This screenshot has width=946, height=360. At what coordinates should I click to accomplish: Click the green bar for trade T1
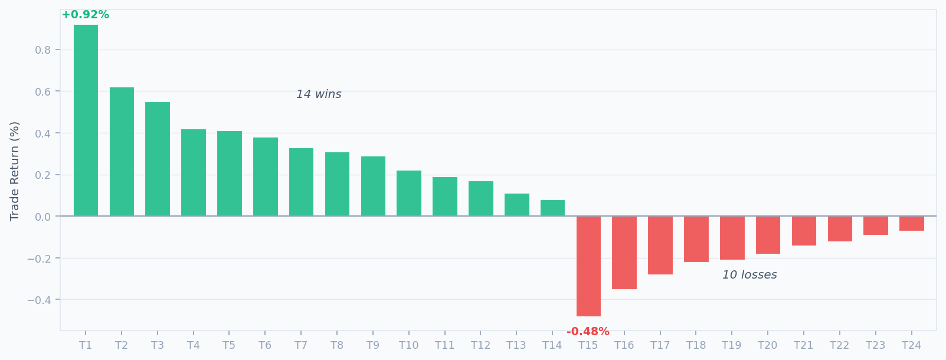tap(86, 120)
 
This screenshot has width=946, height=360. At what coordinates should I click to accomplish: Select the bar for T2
tap(122, 152)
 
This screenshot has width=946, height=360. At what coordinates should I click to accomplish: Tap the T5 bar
tap(229, 174)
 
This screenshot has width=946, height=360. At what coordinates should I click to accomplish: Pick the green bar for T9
tap(373, 186)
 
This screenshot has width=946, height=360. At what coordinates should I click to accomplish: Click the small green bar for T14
tap(552, 208)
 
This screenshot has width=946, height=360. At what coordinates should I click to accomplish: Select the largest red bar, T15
tap(588, 266)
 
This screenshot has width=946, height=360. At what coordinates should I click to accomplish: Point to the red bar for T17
tap(660, 246)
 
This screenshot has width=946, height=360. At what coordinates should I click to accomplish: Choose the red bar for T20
tap(768, 235)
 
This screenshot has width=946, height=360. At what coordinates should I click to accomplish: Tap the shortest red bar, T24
tap(911, 224)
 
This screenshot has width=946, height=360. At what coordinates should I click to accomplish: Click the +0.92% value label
tap(86, 15)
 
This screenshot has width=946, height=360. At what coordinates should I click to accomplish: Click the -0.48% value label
tap(588, 332)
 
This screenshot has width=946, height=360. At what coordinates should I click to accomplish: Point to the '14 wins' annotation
tap(319, 94)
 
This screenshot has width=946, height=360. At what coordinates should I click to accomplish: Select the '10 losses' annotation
tap(749, 275)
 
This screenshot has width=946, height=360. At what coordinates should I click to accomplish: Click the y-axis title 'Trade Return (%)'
tap(15, 171)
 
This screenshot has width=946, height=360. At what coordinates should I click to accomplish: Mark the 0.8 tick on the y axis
tap(43, 50)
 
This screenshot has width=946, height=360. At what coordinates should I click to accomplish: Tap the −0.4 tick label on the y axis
tap(40, 300)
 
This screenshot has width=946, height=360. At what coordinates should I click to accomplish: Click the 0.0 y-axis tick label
tap(43, 217)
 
